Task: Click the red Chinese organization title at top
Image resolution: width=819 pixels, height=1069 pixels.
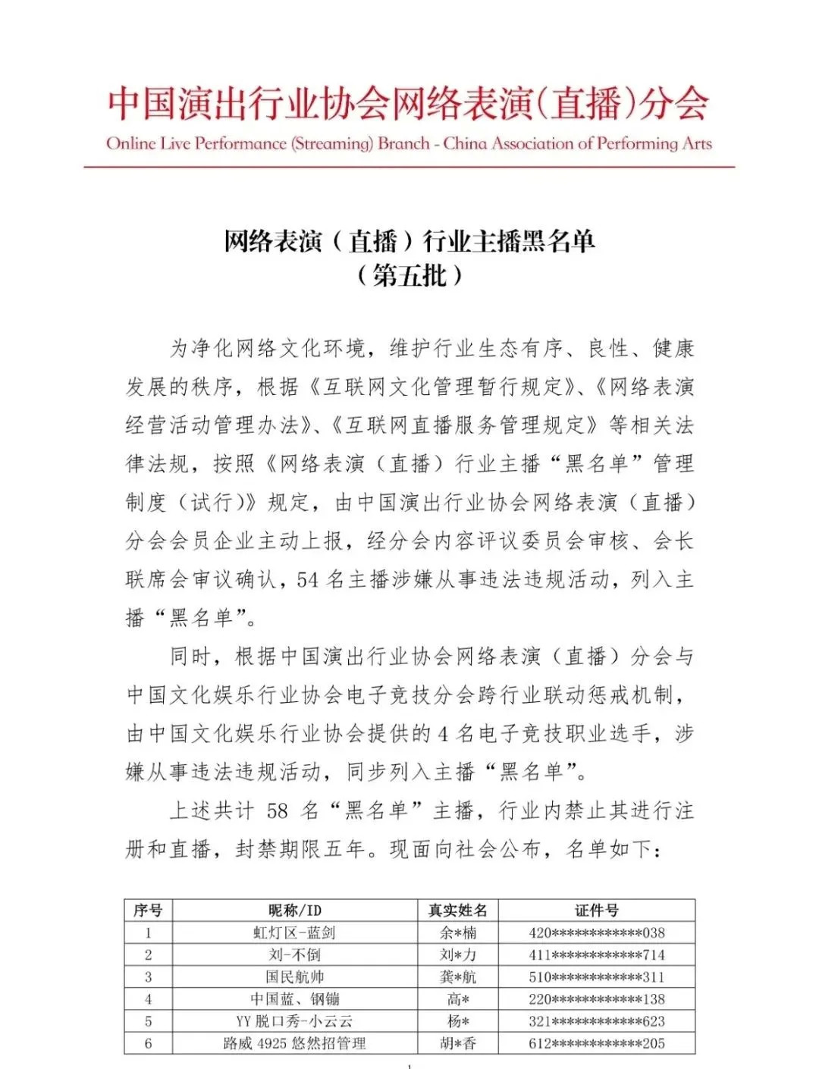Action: point(408,104)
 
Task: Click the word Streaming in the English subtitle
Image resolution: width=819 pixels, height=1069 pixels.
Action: point(332,144)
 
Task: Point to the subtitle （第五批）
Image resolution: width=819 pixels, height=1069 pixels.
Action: point(409,275)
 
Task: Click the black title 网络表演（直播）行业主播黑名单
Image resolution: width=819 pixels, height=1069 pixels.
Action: point(409,241)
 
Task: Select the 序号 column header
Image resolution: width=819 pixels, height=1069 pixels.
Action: point(148,911)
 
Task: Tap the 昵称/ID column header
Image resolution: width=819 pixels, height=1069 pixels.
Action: point(294,911)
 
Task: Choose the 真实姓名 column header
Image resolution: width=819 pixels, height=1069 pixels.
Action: point(457,911)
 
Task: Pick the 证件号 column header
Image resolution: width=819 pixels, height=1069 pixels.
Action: point(596,911)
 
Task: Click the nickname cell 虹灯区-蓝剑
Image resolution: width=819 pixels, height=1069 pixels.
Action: point(294,933)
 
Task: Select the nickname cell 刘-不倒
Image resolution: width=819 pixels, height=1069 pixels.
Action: point(294,955)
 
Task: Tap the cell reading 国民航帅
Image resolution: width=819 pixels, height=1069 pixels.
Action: point(294,977)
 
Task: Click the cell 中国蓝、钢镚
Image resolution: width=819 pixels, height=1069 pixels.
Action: point(294,999)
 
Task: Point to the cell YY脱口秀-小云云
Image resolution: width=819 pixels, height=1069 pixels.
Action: point(294,1021)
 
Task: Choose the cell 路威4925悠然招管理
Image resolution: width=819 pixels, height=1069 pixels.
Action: point(294,1043)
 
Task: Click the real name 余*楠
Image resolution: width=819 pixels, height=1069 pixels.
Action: point(458,933)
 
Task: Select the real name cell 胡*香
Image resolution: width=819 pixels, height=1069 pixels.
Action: point(458,1043)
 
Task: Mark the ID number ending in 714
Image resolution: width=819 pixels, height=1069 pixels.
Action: point(596,955)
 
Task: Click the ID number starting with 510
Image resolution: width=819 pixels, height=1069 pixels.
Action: point(596,977)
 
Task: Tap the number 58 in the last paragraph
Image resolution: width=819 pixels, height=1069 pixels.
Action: point(278,811)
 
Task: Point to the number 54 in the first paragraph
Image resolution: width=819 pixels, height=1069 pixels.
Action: point(307,580)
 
